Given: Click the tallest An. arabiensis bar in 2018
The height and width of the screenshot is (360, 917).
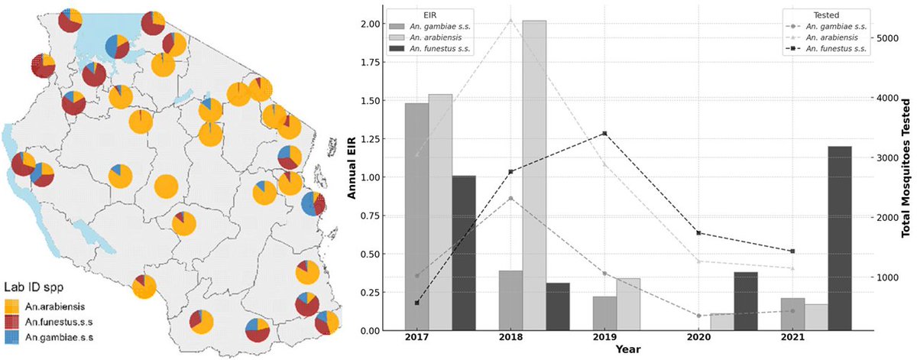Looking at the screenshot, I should coord(534,176).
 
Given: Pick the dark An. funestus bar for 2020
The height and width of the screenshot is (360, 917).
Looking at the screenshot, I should coord(745,301).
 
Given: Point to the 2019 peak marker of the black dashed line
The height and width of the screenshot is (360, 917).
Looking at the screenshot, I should coord(604,134).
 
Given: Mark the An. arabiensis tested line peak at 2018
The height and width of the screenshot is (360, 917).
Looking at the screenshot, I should coord(510,20).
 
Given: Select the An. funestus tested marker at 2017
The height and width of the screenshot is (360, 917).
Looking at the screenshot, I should coord(416,303).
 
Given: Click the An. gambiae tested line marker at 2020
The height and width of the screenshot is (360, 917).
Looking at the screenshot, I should coord(698,316).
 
